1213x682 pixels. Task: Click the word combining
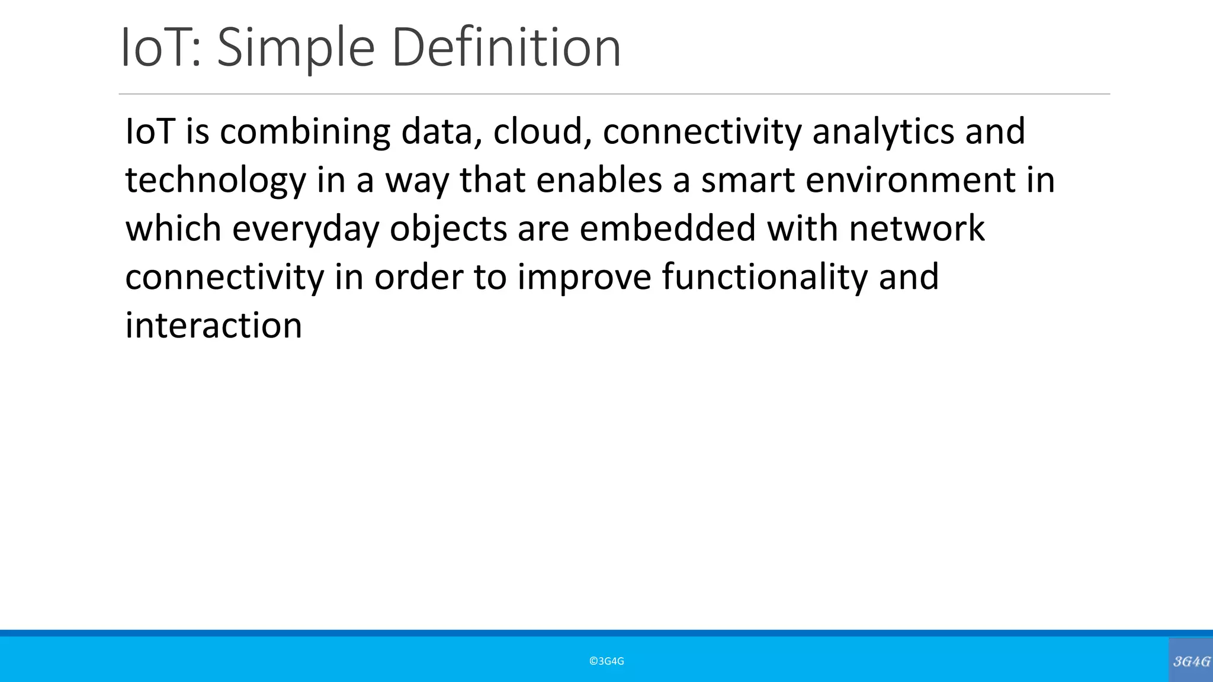pyautogui.click(x=305, y=131)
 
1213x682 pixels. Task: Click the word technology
pyautogui.click(x=216, y=181)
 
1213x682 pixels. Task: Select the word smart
pyautogui.click(x=747, y=181)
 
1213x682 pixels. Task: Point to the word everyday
pyautogui.click(x=305, y=229)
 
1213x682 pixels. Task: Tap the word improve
pyautogui.click(x=584, y=278)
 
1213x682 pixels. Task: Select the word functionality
pyautogui.click(x=765, y=278)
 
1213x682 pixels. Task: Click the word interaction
pyautogui.click(x=213, y=326)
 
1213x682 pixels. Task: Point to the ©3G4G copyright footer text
pyautogui.click(x=606, y=661)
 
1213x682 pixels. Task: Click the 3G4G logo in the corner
pyautogui.click(x=1191, y=661)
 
